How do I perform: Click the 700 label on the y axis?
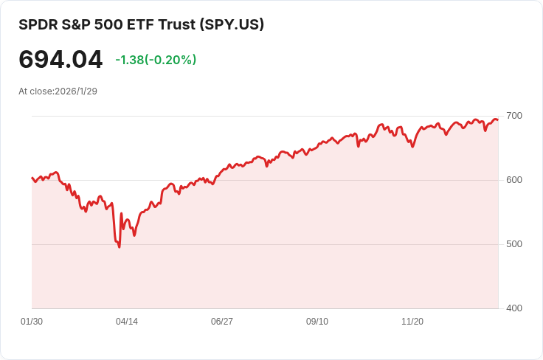click(x=513, y=116)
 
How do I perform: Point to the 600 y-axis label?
click(x=513, y=180)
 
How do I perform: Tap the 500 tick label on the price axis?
click(x=513, y=244)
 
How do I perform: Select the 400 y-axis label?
click(x=513, y=308)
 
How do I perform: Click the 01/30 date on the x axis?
click(x=32, y=322)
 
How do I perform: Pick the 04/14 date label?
click(x=127, y=322)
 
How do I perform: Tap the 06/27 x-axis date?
click(x=222, y=322)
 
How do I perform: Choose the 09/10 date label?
click(x=317, y=322)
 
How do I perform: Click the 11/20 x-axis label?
click(x=412, y=322)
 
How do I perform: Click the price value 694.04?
click(x=60, y=59)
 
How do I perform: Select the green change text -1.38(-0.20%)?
click(x=156, y=60)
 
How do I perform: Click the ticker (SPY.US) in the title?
click(x=232, y=24)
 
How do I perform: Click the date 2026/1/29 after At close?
click(x=76, y=91)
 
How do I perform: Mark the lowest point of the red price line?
click(x=120, y=246)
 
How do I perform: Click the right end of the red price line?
click(x=498, y=120)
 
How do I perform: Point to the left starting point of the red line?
click(x=32, y=178)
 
